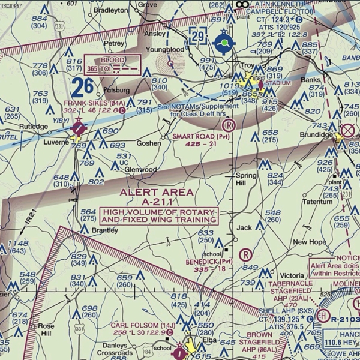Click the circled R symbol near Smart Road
228,125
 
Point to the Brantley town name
106,230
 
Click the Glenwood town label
140,170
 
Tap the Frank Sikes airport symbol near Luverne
79,127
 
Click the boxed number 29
198,36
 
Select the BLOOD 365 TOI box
113,64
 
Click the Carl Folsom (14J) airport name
136,325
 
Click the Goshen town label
148,143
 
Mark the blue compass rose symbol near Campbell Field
224,43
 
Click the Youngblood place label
165,49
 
